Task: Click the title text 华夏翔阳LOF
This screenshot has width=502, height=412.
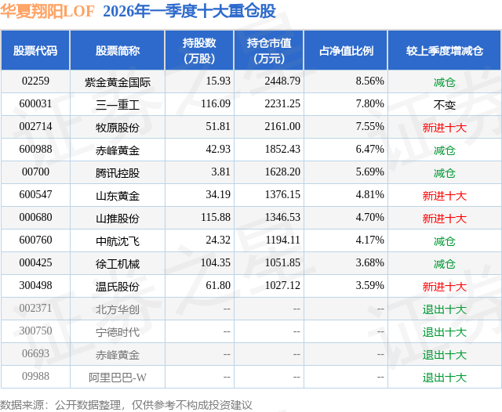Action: [48, 10]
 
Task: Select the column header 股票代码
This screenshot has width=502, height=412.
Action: [35, 50]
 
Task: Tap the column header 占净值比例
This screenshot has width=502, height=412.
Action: [346, 50]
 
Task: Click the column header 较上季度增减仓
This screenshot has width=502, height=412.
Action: [445, 50]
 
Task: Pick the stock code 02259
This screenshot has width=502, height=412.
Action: [35, 81]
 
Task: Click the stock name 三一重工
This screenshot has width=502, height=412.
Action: [118, 103]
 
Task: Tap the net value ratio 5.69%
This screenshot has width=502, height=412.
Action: [369, 172]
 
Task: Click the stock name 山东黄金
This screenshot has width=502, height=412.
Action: [118, 195]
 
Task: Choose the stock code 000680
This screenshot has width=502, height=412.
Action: [35, 218]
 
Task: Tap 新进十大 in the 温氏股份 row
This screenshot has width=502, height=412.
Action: [445, 287]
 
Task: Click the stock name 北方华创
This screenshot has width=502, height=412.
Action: [118, 309]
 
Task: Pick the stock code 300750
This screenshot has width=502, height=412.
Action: [35, 332]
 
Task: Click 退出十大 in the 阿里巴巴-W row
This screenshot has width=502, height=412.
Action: [445, 378]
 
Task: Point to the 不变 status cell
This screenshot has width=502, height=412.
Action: [445, 103]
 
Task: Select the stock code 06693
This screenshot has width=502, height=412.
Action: [35, 355]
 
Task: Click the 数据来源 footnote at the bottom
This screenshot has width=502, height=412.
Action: [125, 404]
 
